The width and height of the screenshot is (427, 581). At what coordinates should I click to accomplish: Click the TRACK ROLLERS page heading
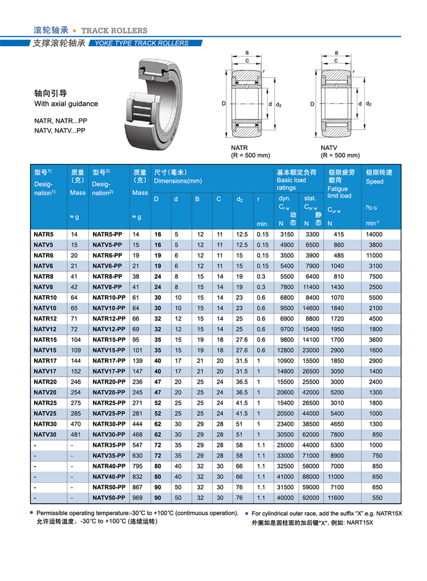click(x=114, y=30)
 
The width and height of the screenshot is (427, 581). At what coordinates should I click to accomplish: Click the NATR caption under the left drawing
click(x=240, y=147)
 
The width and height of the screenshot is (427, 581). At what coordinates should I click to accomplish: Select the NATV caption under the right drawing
click(x=329, y=147)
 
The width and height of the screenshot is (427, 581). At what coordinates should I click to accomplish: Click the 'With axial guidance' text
click(x=66, y=104)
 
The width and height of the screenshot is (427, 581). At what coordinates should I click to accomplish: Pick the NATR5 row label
click(x=43, y=234)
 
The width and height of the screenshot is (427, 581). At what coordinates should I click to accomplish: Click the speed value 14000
click(x=374, y=234)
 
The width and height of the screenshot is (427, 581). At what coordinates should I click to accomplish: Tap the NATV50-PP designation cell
click(x=108, y=498)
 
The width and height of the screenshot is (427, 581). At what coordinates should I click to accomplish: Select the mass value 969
click(x=139, y=498)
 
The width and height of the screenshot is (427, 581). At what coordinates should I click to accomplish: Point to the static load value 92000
click(x=314, y=498)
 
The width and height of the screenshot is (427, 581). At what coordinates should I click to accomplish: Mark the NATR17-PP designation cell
click(x=108, y=361)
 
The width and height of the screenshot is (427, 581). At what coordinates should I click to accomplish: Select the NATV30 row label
click(x=45, y=434)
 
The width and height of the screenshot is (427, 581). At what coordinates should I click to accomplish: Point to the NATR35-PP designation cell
click(x=108, y=445)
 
